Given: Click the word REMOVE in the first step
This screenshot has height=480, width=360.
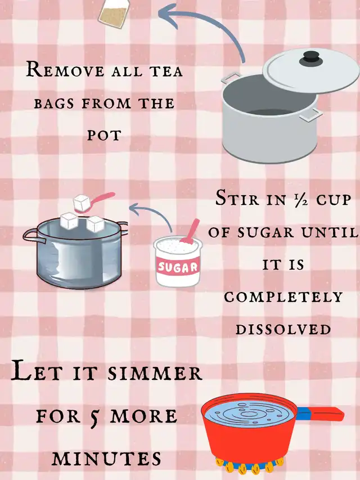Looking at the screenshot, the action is click(x=65, y=70).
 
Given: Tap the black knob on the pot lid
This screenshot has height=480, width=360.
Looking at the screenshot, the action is click(x=311, y=58).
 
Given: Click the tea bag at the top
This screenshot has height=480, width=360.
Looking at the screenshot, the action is click(x=114, y=13).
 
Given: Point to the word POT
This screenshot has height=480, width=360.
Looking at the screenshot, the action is click(x=104, y=135).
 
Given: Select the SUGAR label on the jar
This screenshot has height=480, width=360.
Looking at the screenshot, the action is click(x=178, y=267).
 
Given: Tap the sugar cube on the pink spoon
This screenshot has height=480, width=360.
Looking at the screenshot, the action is click(x=82, y=202).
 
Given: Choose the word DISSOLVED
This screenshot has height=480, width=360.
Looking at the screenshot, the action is click(x=283, y=329).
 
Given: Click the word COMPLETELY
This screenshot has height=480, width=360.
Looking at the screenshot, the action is click(x=283, y=297).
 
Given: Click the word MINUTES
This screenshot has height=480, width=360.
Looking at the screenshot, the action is click(x=106, y=458).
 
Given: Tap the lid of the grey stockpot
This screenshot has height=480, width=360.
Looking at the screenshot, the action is click(x=310, y=70).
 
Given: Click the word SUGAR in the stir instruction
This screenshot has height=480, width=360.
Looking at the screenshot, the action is click(x=265, y=232).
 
